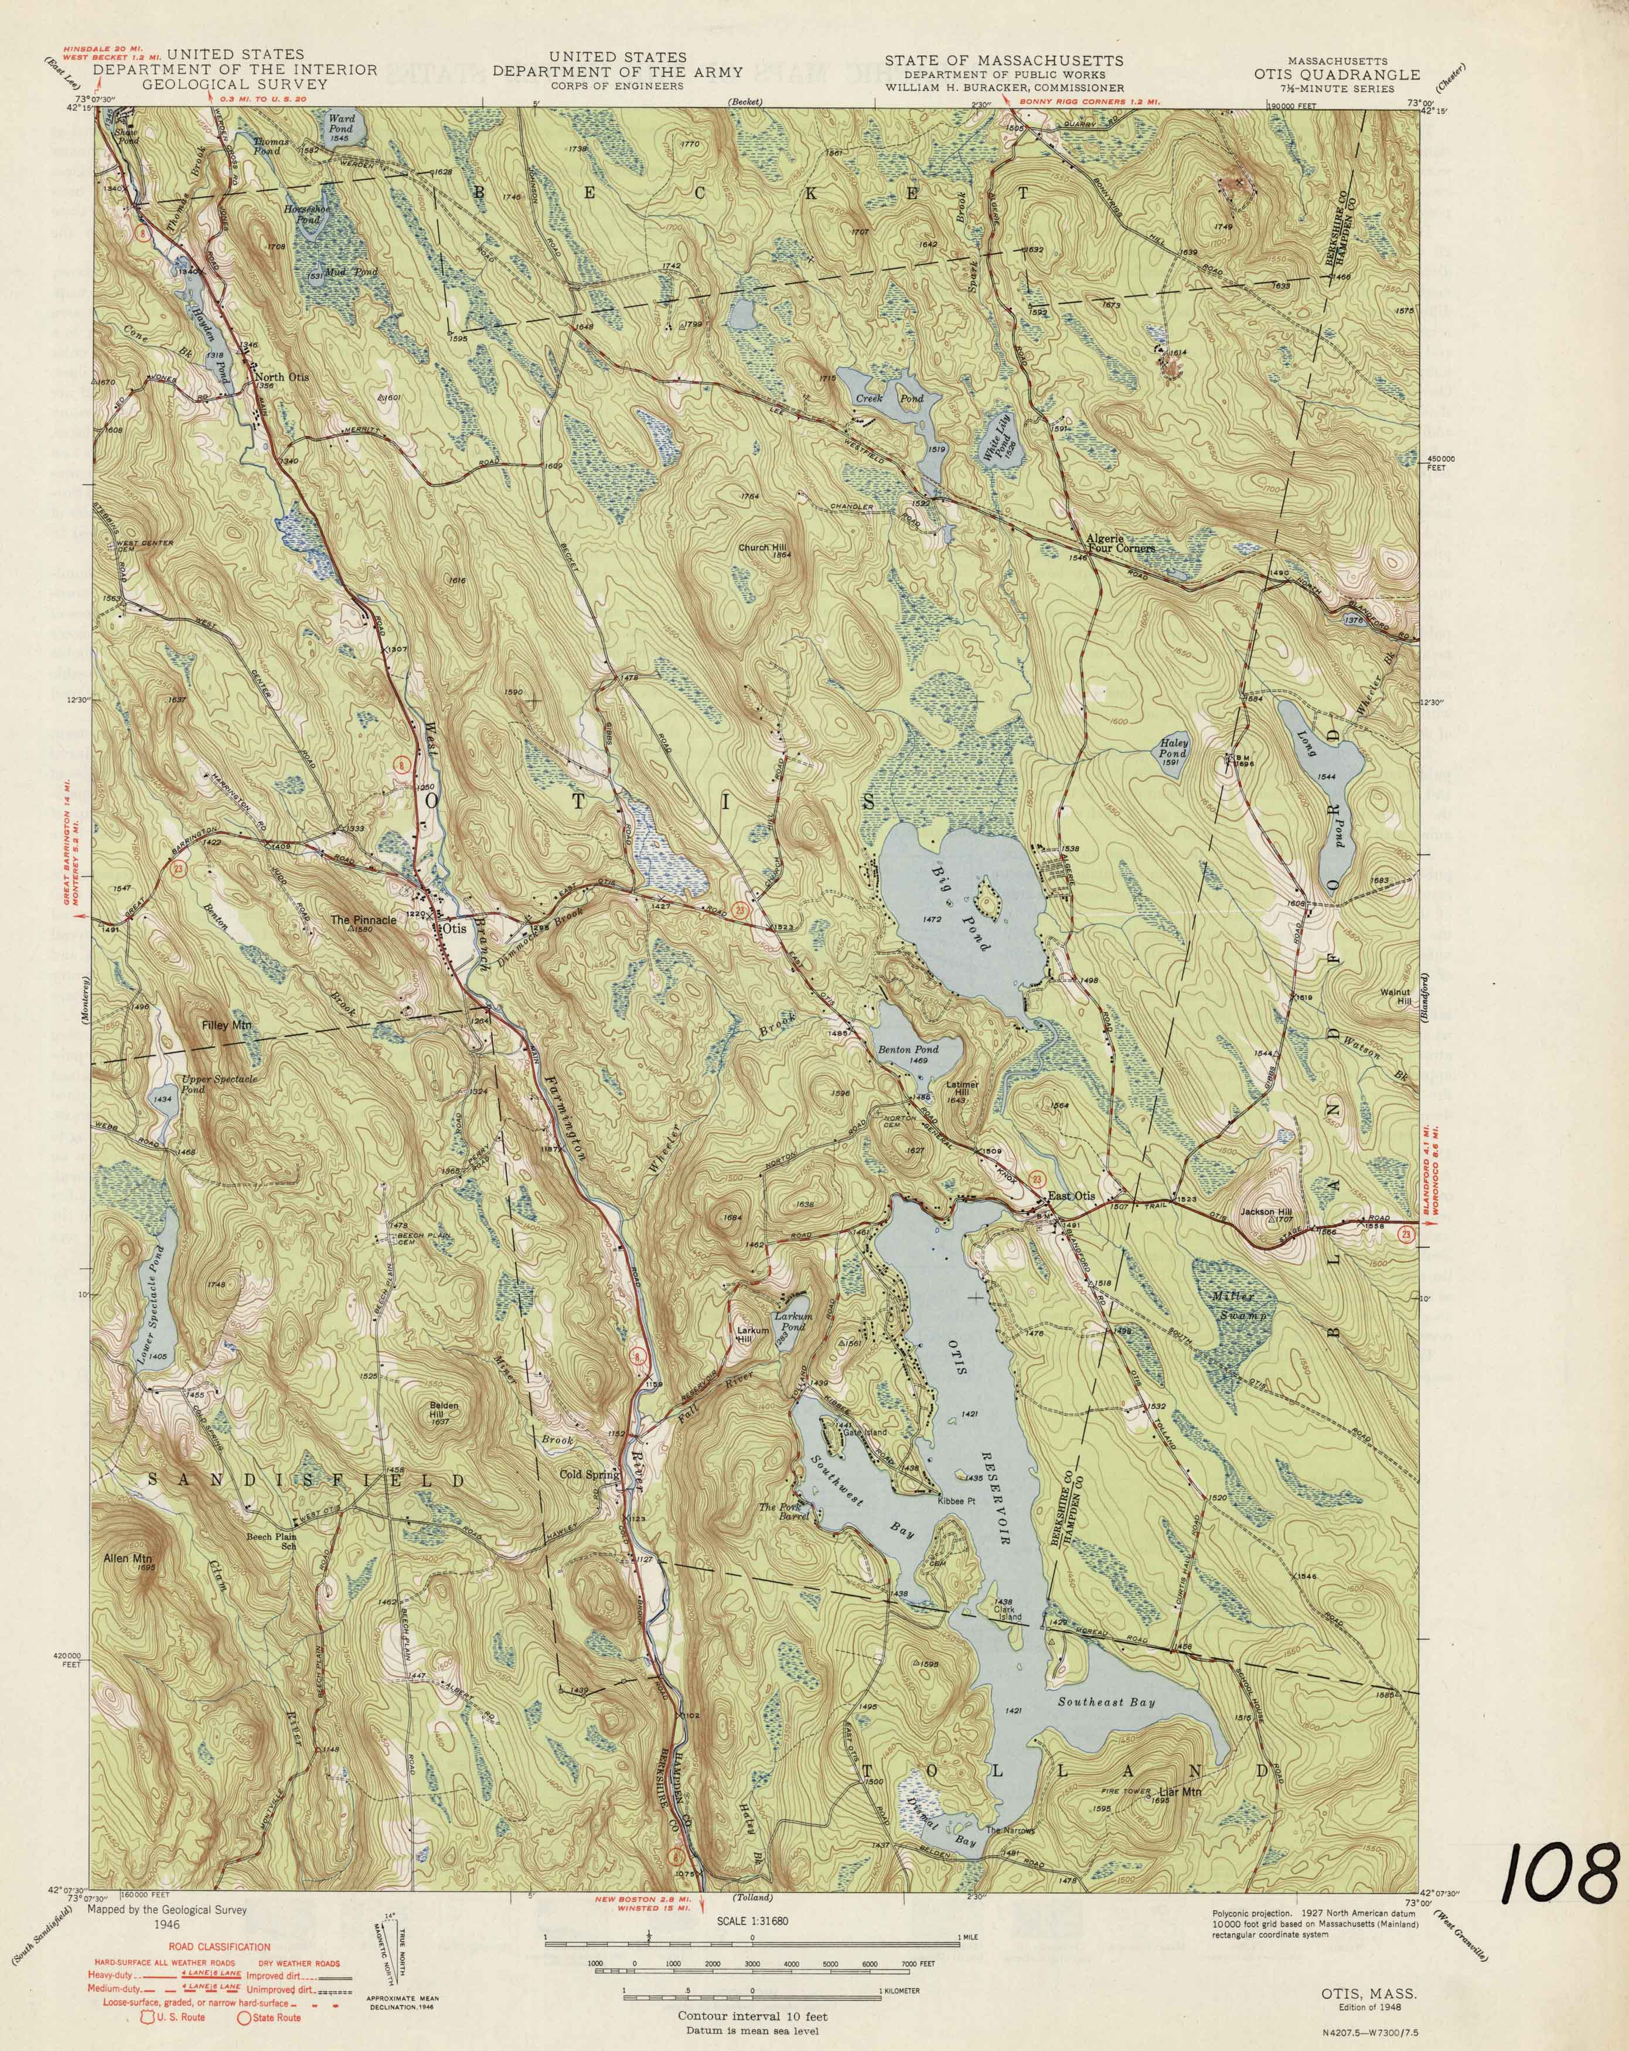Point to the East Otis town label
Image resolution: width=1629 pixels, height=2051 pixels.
point(1071,1196)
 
